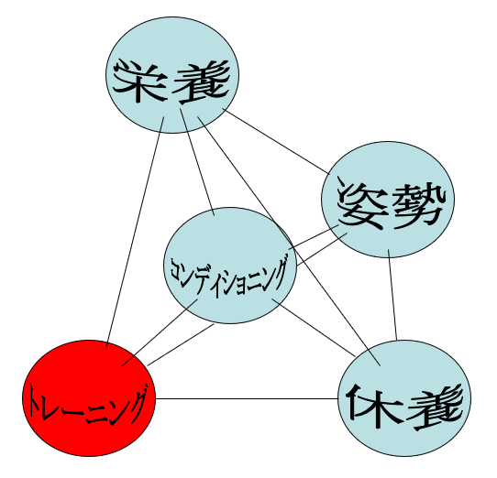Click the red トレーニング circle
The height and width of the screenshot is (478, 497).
(89, 398)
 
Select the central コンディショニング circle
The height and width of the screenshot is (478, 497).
(230, 266)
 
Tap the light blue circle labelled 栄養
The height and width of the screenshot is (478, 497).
(172, 75)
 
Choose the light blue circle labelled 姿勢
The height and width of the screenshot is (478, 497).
(388, 200)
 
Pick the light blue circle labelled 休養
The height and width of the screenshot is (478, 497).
(404, 398)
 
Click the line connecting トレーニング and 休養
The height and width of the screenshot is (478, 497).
(247, 399)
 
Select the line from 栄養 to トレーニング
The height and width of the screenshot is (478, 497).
(135, 233)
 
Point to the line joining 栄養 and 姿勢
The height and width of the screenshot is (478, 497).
(276, 141)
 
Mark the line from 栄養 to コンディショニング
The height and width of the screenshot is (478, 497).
(197, 162)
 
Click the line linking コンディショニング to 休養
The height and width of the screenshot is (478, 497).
(314, 327)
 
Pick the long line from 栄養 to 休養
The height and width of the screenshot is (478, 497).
(289, 241)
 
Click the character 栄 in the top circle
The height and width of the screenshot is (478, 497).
(138, 81)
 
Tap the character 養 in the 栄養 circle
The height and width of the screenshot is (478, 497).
(202, 82)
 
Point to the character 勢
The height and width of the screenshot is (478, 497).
(419, 205)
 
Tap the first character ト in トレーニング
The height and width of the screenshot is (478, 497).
(36, 401)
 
